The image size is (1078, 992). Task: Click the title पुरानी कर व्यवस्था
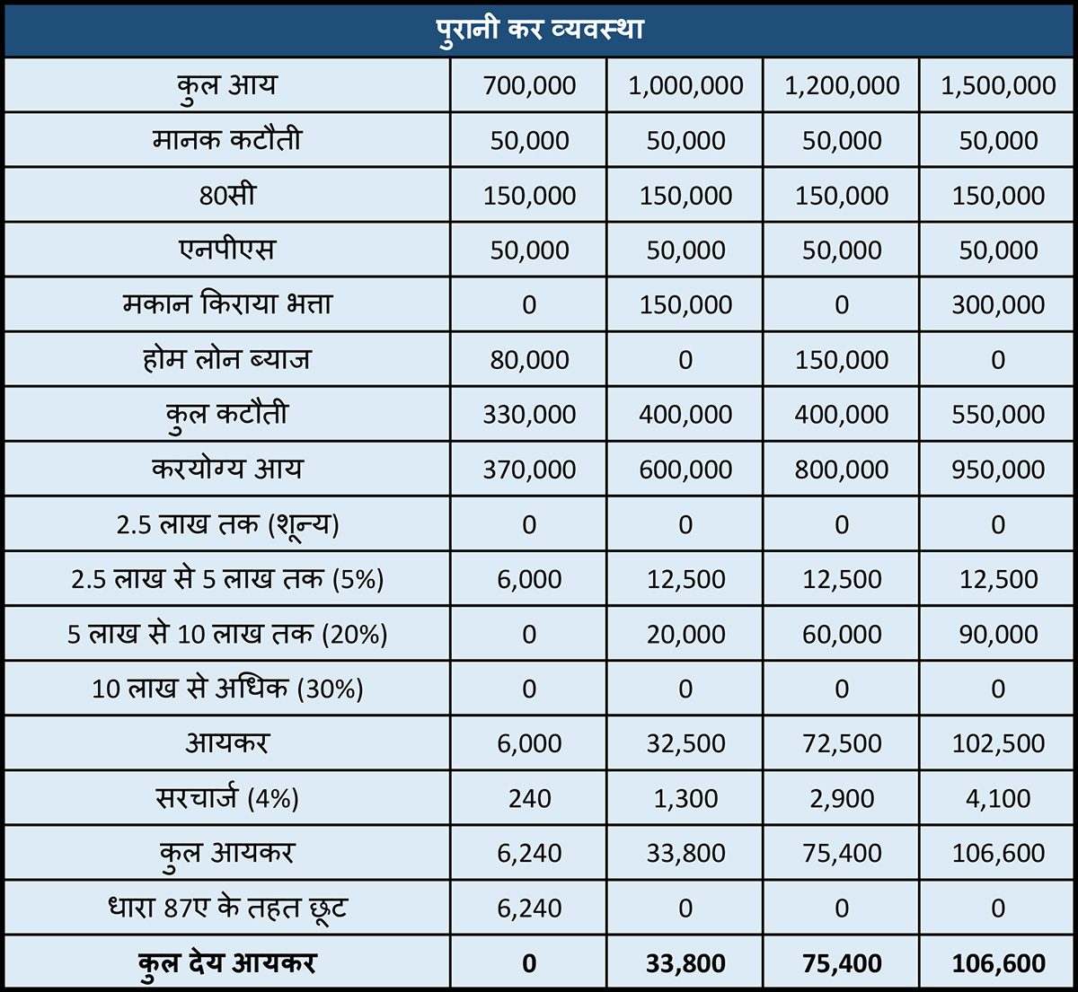coord(539,29)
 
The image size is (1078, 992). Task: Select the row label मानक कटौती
coord(227,140)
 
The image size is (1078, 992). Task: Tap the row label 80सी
coord(227,195)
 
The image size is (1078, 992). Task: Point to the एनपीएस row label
coord(227,250)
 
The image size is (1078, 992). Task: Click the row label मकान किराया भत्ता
coord(227,304)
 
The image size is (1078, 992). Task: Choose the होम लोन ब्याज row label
coord(227,359)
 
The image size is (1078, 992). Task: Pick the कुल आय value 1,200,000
coord(842,85)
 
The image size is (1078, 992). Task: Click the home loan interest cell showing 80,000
coord(529,360)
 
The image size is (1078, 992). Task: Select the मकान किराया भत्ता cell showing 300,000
coord(998,305)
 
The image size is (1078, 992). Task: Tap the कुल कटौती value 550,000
coord(998,415)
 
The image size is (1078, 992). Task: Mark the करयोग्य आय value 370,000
coord(529,470)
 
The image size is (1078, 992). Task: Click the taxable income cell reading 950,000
coord(998,470)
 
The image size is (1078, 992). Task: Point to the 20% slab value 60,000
coord(842,634)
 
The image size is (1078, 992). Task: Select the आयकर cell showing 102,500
coord(998,743)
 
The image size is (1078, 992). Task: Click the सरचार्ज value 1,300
coord(685,798)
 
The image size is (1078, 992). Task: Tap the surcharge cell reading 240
coord(529,798)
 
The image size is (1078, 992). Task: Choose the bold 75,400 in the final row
coord(842,963)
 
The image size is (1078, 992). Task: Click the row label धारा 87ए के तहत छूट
coord(227,908)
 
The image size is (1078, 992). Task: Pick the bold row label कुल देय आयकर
coord(227,963)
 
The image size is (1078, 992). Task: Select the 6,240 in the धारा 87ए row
coord(529,908)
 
